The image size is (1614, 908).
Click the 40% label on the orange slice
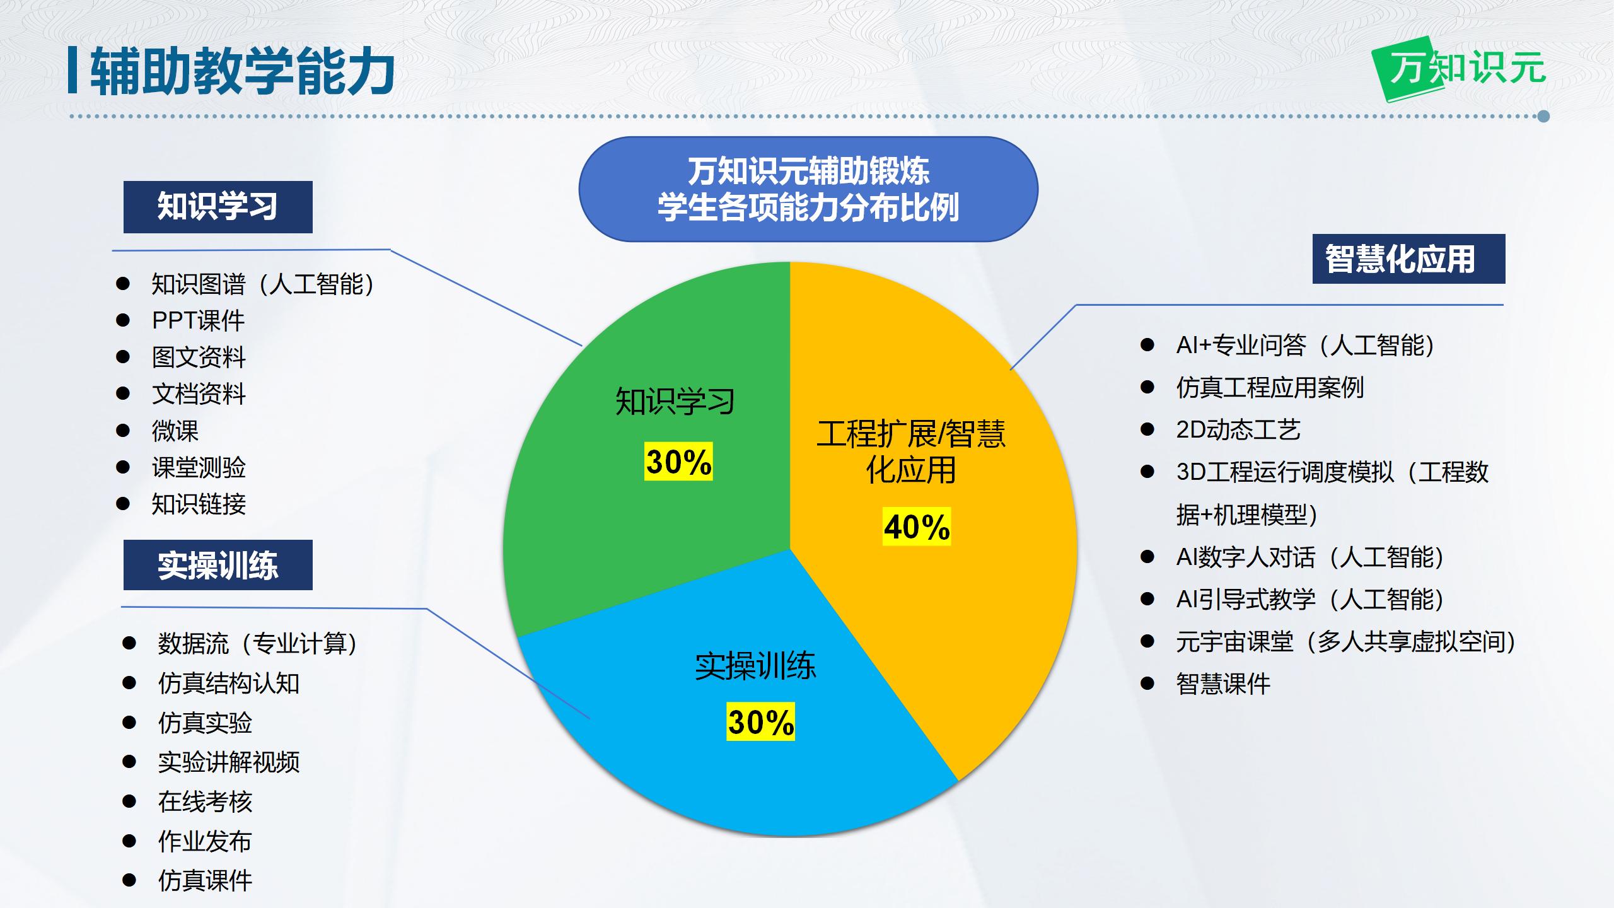click(x=917, y=527)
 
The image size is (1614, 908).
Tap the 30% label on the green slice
click(x=678, y=462)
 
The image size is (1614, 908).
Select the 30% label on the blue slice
click(x=760, y=721)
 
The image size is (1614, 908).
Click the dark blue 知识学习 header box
click(x=218, y=207)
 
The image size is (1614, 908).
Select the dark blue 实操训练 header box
click(x=218, y=565)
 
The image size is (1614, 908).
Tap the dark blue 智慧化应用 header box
click(x=1408, y=259)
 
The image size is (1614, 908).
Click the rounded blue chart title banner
click(x=808, y=189)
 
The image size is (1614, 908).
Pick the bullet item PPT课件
click(x=198, y=320)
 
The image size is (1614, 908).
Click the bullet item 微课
click(x=175, y=431)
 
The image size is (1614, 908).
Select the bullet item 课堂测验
click(x=199, y=467)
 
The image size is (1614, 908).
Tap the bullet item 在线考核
click(x=205, y=801)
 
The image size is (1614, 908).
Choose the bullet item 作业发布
click(x=205, y=841)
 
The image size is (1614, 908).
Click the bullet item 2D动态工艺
click(x=1238, y=429)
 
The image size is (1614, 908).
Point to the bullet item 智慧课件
click(x=1223, y=684)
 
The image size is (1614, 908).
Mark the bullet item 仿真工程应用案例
click(x=1270, y=387)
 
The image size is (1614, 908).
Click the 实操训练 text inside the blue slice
click(x=755, y=666)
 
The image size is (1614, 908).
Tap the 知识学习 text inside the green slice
click(x=675, y=402)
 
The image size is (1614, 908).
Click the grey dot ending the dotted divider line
click(x=1543, y=116)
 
